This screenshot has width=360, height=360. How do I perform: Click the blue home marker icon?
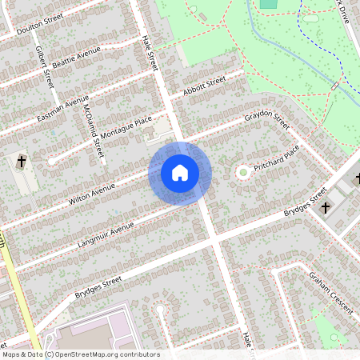180,173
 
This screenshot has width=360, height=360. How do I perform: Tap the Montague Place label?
120,130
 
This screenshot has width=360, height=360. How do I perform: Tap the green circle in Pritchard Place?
242,171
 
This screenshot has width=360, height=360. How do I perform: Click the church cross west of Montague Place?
22,163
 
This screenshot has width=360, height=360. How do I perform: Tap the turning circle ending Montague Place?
52,161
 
